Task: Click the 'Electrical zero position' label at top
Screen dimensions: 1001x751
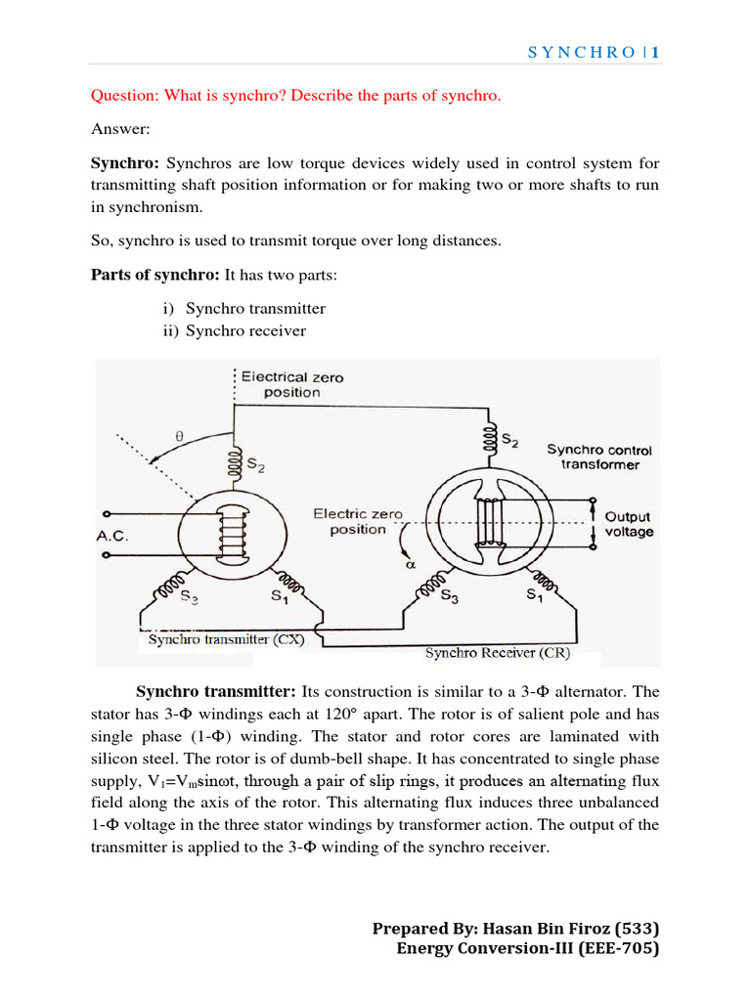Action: click(291, 384)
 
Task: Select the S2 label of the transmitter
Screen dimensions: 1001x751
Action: click(254, 466)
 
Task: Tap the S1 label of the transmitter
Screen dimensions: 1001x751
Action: click(277, 595)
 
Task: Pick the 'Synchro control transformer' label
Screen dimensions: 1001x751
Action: click(598, 457)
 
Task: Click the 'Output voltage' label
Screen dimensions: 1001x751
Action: click(628, 524)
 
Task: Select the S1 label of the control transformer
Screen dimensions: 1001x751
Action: click(536, 595)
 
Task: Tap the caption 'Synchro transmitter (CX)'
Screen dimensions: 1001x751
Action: click(226, 640)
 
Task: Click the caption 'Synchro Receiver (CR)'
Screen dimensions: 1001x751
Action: click(498, 652)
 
